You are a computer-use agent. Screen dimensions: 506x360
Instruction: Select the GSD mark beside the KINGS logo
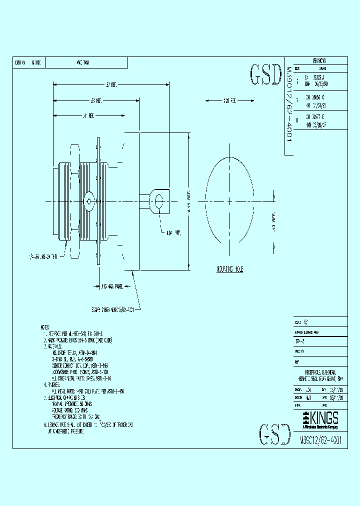pyautogui.click(x=275, y=434)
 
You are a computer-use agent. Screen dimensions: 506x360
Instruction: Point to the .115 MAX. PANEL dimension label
pyautogui.click(x=112, y=287)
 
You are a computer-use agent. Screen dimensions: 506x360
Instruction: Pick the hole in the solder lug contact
pyautogui.click(x=159, y=201)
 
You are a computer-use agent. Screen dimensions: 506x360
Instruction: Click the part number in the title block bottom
pyautogui.click(x=320, y=441)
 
